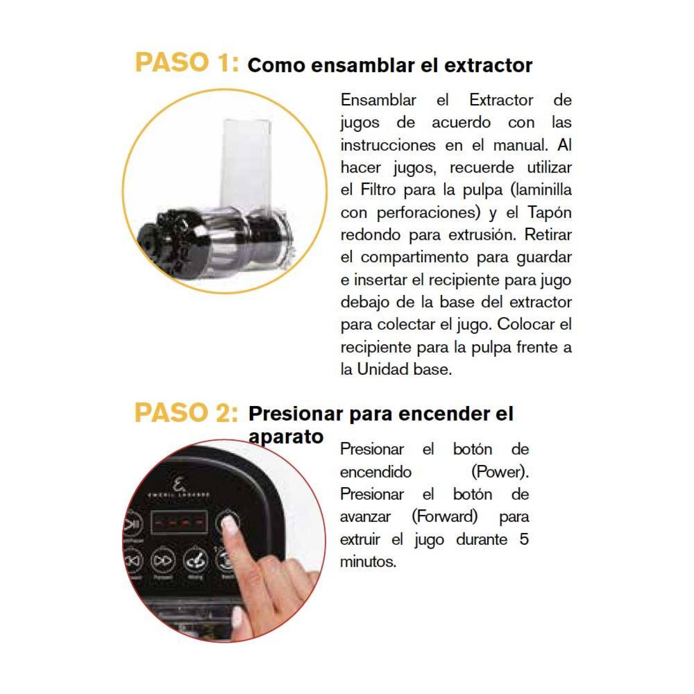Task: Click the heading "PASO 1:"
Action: tap(187, 62)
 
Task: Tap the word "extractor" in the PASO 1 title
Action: tap(488, 65)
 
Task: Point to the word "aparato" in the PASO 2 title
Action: tap(286, 437)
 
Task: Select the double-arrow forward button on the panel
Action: tap(163, 561)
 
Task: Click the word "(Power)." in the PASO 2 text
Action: tap(500, 472)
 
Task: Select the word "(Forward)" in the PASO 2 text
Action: tap(445, 517)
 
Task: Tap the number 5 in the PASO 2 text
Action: tap(524, 539)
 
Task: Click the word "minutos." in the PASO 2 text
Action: tap(368, 562)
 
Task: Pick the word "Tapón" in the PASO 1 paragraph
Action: tap(549, 213)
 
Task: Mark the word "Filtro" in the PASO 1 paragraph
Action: tap(378, 190)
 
